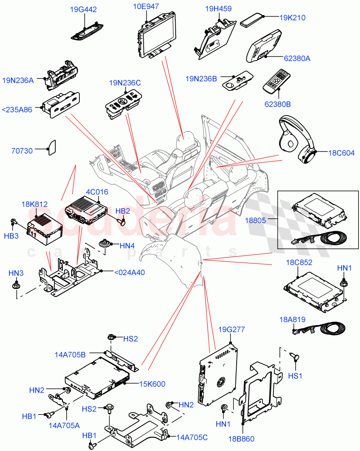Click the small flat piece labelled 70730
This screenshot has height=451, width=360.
52,147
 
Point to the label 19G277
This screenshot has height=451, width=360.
231,330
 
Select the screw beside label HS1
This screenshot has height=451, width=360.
295,357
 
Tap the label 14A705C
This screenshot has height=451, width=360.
191,437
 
